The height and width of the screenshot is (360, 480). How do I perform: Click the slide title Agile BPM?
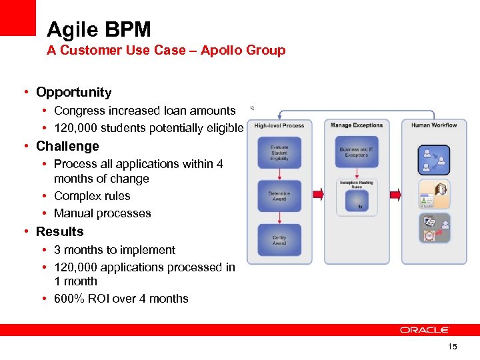[99, 29]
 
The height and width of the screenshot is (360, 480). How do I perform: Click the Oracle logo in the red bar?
[425, 329]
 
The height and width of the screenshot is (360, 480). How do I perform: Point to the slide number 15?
[453, 347]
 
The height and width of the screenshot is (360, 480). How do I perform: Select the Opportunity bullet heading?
[73, 92]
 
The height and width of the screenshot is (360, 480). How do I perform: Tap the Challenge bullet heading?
[67, 146]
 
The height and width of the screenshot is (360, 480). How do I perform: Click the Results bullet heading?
[60, 231]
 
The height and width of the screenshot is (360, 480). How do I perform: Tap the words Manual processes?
[102, 213]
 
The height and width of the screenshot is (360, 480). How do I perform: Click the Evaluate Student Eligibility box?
[279, 153]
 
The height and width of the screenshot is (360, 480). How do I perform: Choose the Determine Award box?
[279, 196]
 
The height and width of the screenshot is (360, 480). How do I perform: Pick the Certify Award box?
[279, 239]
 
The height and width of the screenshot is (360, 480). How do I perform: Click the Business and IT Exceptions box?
[357, 153]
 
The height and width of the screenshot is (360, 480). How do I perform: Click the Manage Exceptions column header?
[357, 125]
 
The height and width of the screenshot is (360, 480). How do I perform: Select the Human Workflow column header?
[434, 125]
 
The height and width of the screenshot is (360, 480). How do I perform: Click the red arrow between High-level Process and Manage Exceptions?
[317, 194]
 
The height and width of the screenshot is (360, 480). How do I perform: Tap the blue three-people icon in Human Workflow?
[434, 160]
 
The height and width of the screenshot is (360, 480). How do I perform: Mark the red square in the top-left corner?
[17, 17]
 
